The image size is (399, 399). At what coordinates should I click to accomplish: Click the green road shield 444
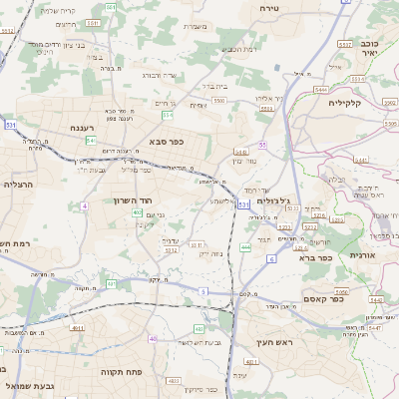pos(245,246)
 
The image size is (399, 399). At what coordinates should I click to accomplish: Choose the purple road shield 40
pos(153,339)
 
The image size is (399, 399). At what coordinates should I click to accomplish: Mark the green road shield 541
pos(90,141)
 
